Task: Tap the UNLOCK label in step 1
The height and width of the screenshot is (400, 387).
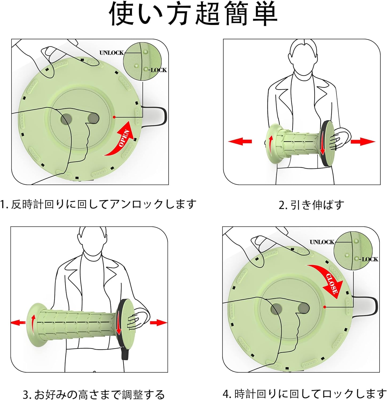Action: [112, 53]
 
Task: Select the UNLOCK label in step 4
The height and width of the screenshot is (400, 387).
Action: [322, 242]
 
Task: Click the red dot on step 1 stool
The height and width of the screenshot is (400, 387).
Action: [114, 117]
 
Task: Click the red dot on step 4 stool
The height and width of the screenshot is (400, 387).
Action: [325, 307]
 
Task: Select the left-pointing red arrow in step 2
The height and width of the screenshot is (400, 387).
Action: [240, 141]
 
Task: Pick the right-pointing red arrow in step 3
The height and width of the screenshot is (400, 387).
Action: [158, 323]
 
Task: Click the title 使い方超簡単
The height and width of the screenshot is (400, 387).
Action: [194, 14]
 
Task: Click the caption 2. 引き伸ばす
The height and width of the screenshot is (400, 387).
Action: [311, 205]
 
